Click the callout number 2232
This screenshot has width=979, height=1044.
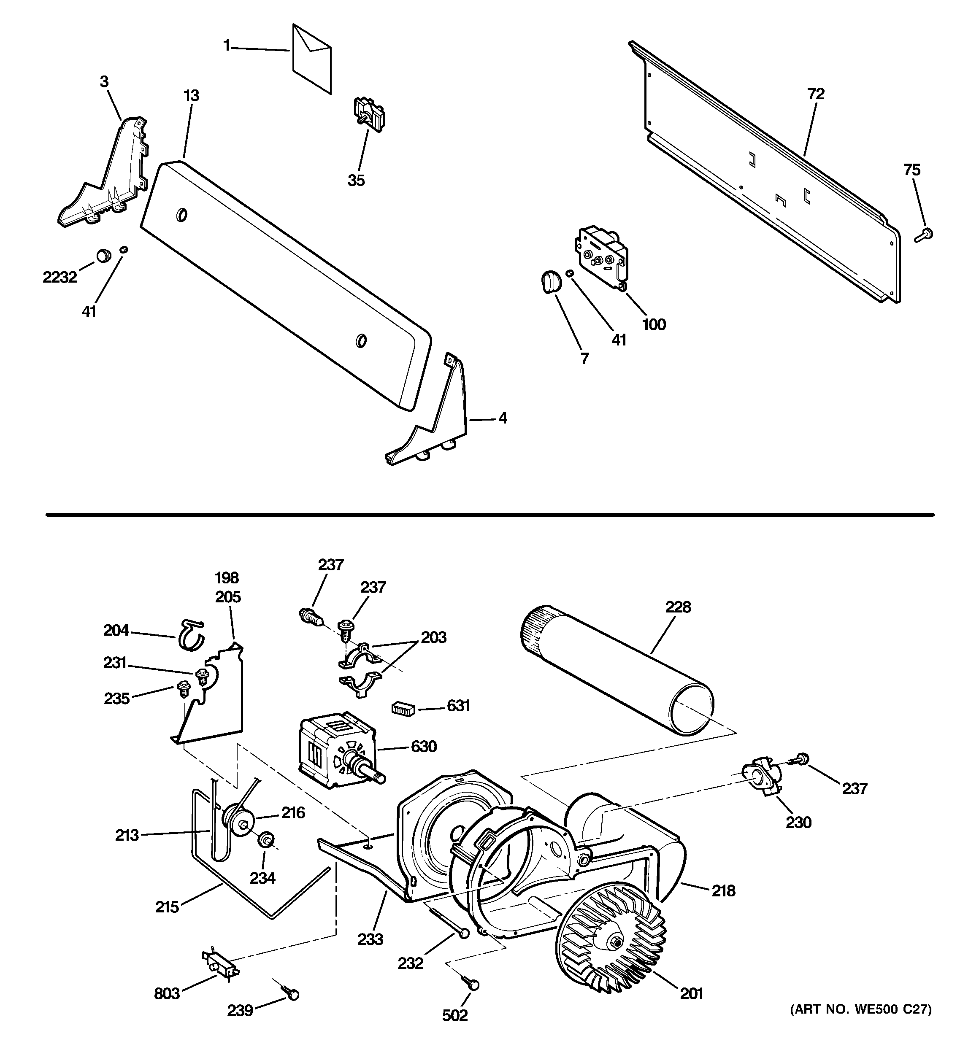point(59,277)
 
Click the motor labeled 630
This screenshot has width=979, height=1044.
point(336,752)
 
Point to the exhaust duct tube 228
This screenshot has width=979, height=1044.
point(617,669)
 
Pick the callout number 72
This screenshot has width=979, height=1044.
point(816,94)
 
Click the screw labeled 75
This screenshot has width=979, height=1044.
point(923,235)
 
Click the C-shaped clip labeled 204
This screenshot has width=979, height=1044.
point(190,634)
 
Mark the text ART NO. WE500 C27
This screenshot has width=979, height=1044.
point(861,1009)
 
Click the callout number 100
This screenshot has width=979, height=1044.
point(654,324)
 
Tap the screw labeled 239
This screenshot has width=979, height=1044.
point(291,993)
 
